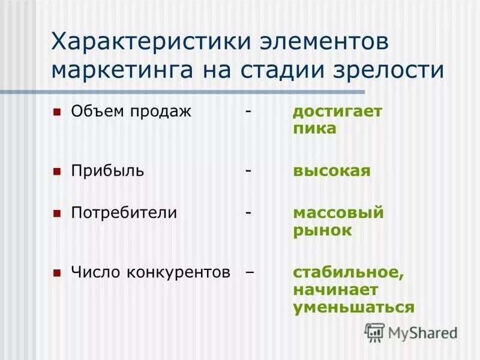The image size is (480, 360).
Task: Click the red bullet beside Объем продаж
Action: tap(57, 112)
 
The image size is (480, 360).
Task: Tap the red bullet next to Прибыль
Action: tap(57, 171)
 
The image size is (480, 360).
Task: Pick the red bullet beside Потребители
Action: tap(57, 213)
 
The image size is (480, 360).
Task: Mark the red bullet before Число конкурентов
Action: tap(57, 272)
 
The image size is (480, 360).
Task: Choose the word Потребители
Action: tap(124, 213)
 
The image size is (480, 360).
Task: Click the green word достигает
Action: tap(337, 112)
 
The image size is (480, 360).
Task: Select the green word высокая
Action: tap(332, 171)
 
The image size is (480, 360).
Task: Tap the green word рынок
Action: tap(322, 230)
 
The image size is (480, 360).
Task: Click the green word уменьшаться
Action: tap(353, 307)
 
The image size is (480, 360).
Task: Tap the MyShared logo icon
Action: tap(374, 331)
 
